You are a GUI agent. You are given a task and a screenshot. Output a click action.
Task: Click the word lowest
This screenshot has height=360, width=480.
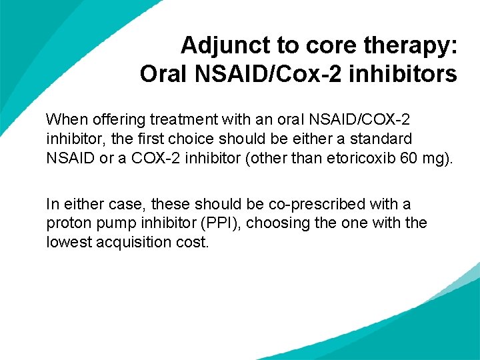click(69, 242)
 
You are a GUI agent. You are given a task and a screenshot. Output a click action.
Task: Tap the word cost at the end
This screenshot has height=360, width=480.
click(194, 242)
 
